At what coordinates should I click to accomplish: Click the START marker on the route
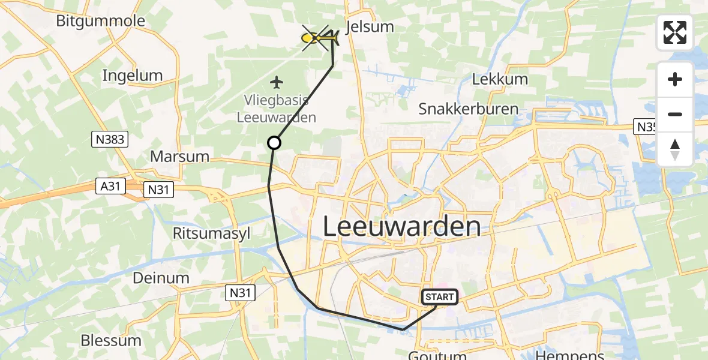(440, 296)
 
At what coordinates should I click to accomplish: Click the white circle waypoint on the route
(274, 143)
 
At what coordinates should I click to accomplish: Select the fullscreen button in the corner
(675, 32)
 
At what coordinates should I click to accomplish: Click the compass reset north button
(675, 149)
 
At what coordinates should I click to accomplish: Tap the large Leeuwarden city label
(402, 227)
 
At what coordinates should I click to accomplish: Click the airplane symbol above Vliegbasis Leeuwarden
(276, 82)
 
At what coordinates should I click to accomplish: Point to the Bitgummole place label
(100, 21)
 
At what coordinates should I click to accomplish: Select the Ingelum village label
(132, 76)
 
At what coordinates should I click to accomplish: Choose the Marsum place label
(180, 157)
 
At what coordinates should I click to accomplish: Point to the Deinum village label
(161, 278)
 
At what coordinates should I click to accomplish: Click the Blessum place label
(112, 340)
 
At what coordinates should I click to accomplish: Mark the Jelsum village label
(370, 26)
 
